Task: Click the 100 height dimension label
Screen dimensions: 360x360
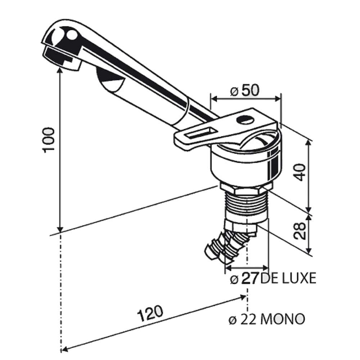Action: point(49,140)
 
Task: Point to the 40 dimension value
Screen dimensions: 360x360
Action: point(300,172)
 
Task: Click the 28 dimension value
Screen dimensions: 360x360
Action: point(300,231)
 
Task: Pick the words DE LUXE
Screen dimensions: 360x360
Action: point(288,278)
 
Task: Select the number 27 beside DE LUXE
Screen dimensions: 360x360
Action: point(250,278)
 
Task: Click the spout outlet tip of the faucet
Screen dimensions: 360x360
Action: point(59,58)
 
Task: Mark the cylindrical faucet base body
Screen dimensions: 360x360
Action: point(245,166)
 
